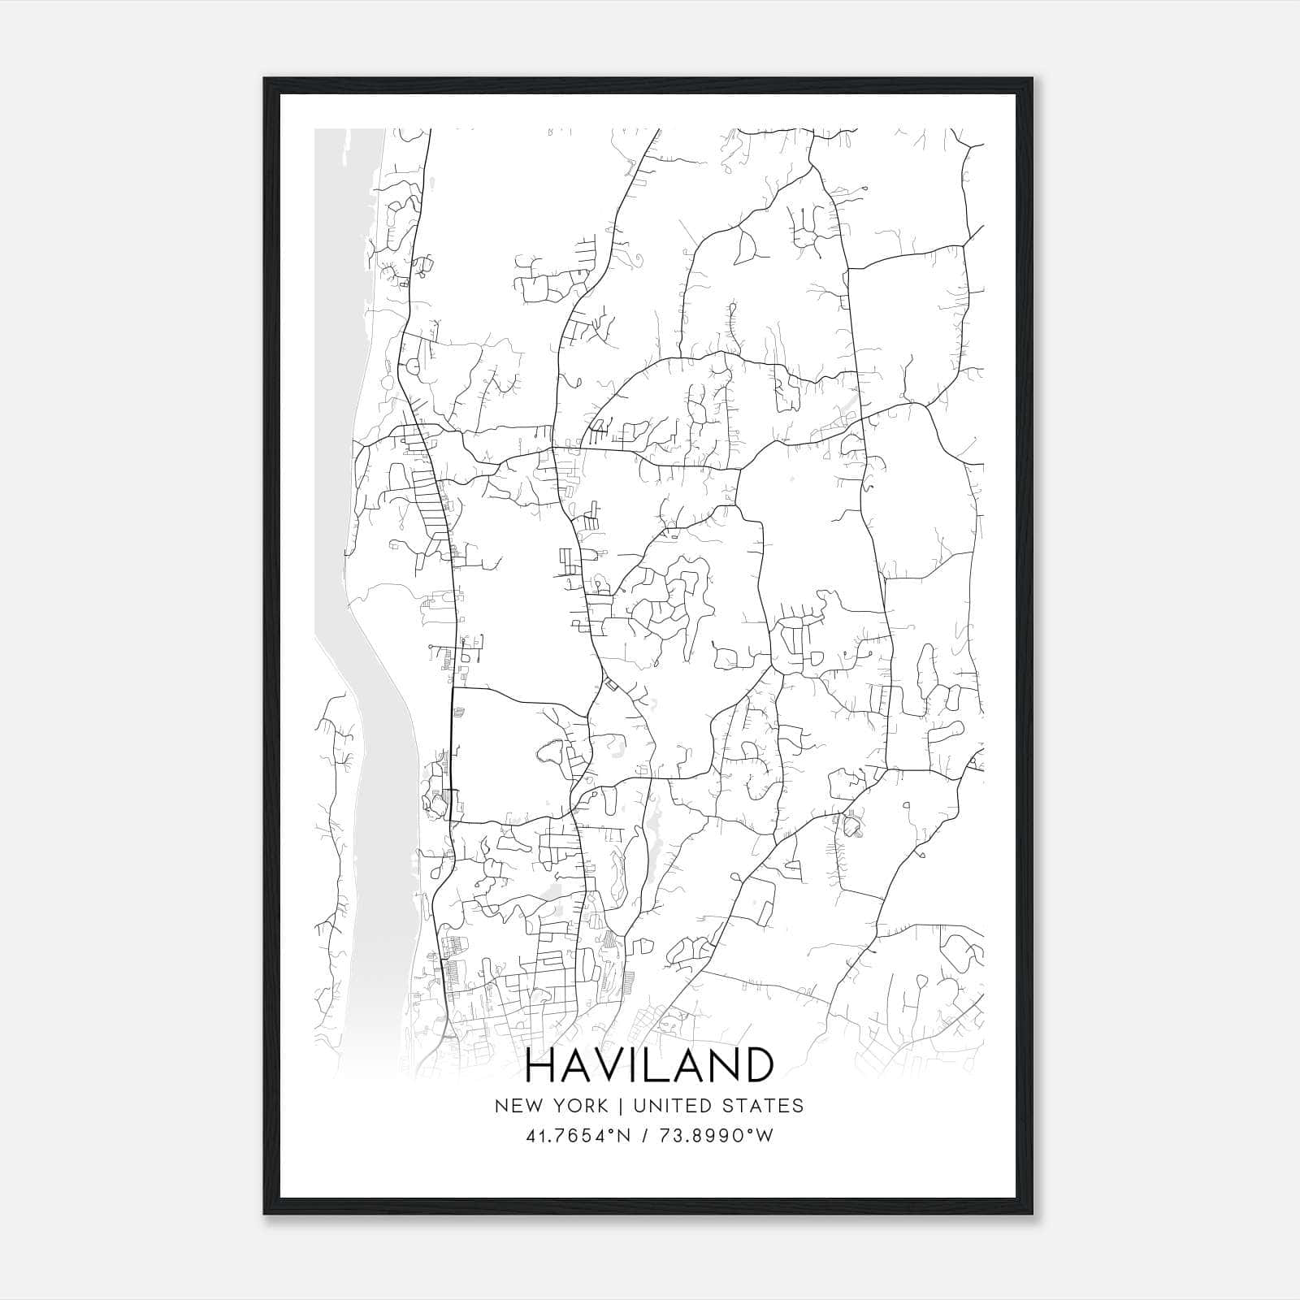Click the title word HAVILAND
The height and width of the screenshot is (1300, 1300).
click(x=650, y=1065)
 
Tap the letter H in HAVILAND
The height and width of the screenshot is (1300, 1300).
click(x=543, y=1065)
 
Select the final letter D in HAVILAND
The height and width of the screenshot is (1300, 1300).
click(x=756, y=1065)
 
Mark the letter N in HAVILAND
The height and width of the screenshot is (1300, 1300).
click(x=722, y=1065)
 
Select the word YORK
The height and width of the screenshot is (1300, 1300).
click(x=578, y=1106)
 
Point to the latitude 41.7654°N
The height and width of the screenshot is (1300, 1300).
click(x=578, y=1136)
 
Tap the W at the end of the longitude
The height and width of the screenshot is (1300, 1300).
click(x=764, y=1136)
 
